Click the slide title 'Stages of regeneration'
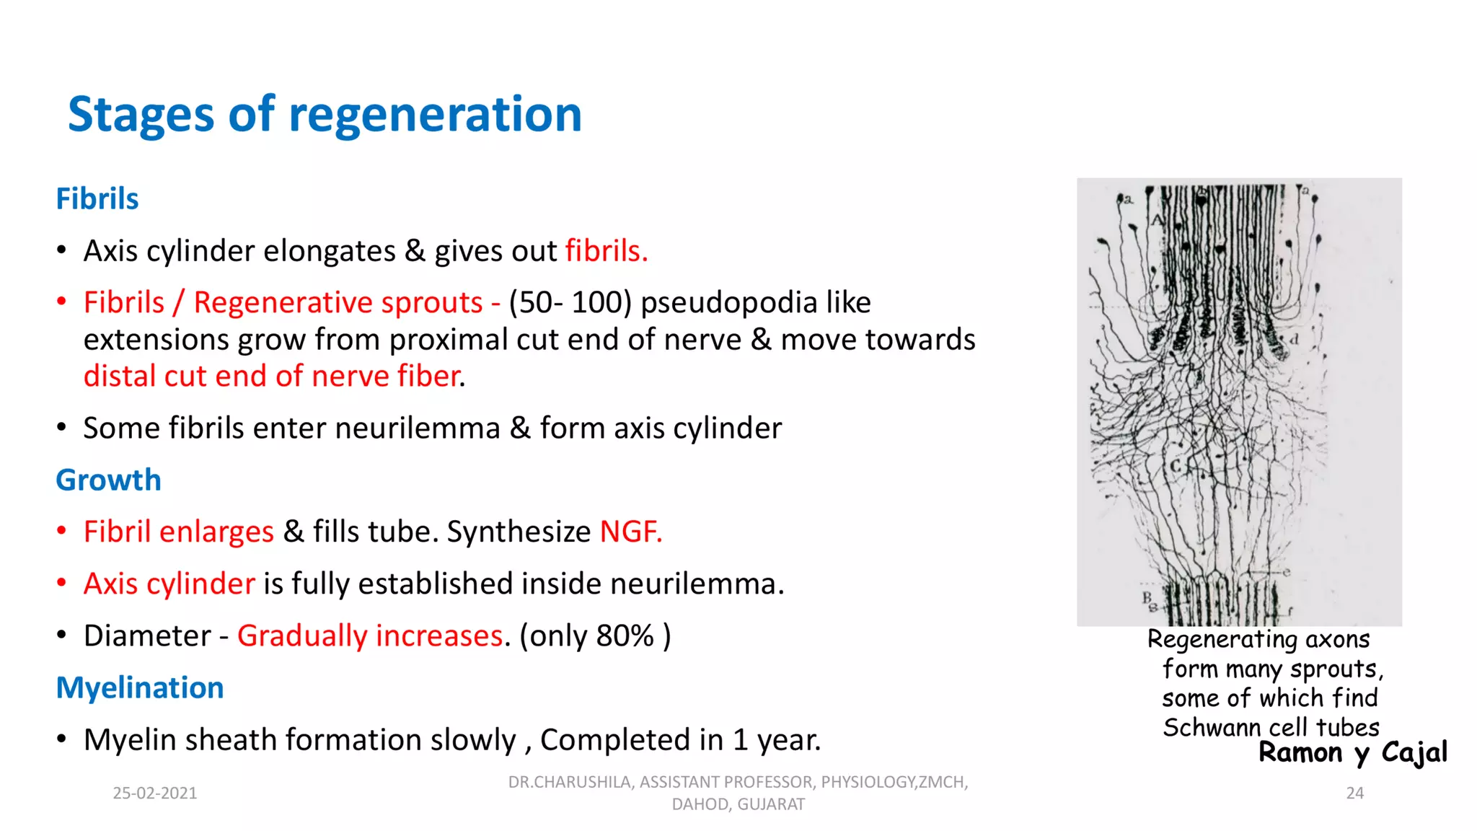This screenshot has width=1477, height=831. [x=325, y=115]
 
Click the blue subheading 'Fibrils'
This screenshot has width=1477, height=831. [x=97, y=199]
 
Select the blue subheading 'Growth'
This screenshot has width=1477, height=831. [x=108, y=480]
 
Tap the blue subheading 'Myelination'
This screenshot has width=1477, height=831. [x=140, y=688]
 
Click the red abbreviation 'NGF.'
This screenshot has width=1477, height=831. [x=631, y=532]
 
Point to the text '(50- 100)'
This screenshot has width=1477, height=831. [x=570, y=303]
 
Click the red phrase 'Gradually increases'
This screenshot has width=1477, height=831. [x=370, y=636]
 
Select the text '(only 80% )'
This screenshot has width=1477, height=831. [x=595, y=636]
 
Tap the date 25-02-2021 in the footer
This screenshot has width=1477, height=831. [x=155, y=793]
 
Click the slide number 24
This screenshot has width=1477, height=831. [x=1355, y=793]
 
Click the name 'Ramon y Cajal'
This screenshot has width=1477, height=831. [x=1352, y=753]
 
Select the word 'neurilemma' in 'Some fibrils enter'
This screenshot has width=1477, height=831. [x=418, y=428]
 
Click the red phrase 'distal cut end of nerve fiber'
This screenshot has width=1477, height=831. [x=272, y=377]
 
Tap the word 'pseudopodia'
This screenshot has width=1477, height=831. [x=728, y=303]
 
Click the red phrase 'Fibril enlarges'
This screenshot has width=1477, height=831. [x=179, y=532]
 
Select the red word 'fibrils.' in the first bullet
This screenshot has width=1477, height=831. [x=607, y=252]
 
